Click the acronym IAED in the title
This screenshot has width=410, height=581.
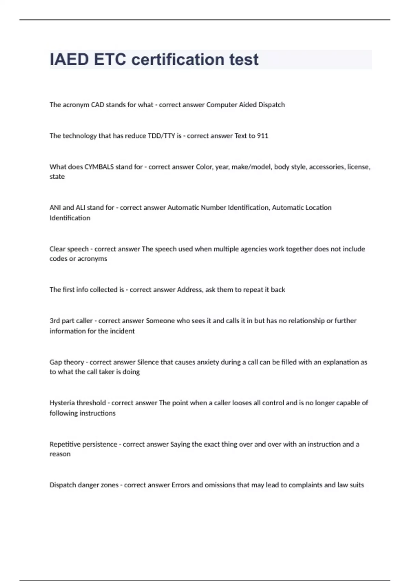pos(69,59)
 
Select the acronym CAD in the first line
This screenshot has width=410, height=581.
pos(97,105)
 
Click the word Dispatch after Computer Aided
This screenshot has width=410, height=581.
pos(271,105)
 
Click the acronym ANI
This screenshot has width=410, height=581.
pos(55,208)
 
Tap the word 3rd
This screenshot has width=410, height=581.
pos(55,321)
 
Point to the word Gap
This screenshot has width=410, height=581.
pos(56,362)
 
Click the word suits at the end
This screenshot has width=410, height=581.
pos(357,485)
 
